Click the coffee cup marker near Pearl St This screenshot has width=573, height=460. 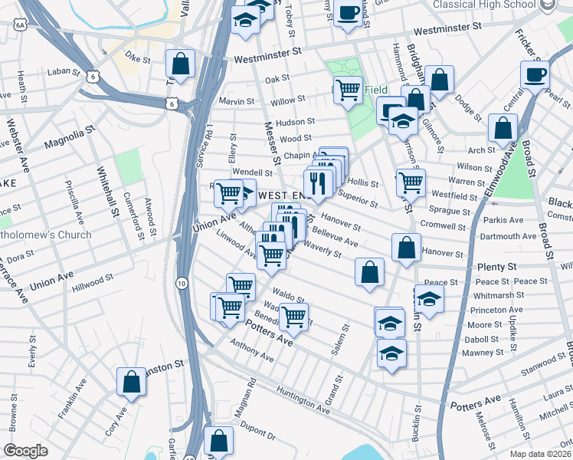535,74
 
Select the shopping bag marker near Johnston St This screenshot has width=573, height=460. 131,381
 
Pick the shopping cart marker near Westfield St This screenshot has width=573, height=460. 411,182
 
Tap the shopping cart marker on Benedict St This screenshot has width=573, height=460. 293,316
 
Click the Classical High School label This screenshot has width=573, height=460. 484,5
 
